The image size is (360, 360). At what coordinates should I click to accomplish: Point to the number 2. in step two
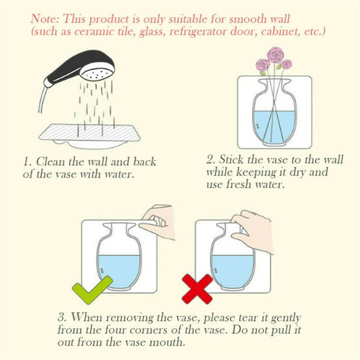[x=209, y=160]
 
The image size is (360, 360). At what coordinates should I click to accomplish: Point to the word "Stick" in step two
[x=233, y=160]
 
